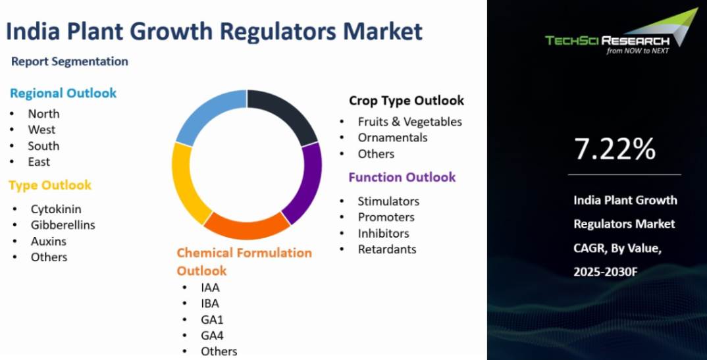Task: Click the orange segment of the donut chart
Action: pyautogui.click(x=247, y=227)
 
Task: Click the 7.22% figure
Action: pyautogui.click(x=615, y=149)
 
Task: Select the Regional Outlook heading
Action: pyautogui.click(x=63, y=93)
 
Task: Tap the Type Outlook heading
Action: pyautogui.click(x=50, y=185)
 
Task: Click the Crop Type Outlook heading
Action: pyautogui.click(x=406, y=101)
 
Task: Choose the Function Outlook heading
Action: pyautogui.click(x=402, y=177)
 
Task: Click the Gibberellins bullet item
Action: pyautogui.click(x=63, y=225)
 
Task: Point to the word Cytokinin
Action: pyautogui.click(x=56, y=209)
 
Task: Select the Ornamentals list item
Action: pyautogui.click(x=392, y=138)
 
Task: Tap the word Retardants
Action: pyautogui.click(x=387, y=249)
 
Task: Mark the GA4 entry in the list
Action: pyautogui.click(x=212, y=336)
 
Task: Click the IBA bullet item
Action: pyautogui.click(x=210, y=303)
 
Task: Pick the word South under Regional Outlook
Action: pyautogui.click(x=43, y=146)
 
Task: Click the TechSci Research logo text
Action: pyautogui.click(x=608, y=41)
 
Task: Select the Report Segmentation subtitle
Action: pyautogui.click(x=69, y=61)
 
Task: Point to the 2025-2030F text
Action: pyautogui.click(x=606, y=272)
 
